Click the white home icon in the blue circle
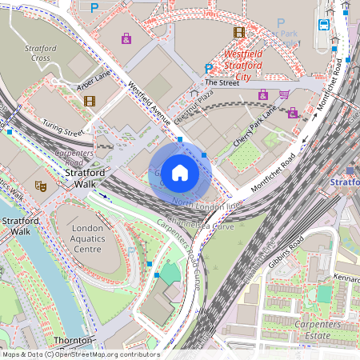coord(180,173)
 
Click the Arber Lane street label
coord(94,80)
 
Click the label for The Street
coord(221,82)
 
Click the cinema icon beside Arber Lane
coord(89,101)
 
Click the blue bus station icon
coord(323,25)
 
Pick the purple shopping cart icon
coord(284,94)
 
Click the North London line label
coord(206,206)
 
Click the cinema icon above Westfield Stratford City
coord(238,32)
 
